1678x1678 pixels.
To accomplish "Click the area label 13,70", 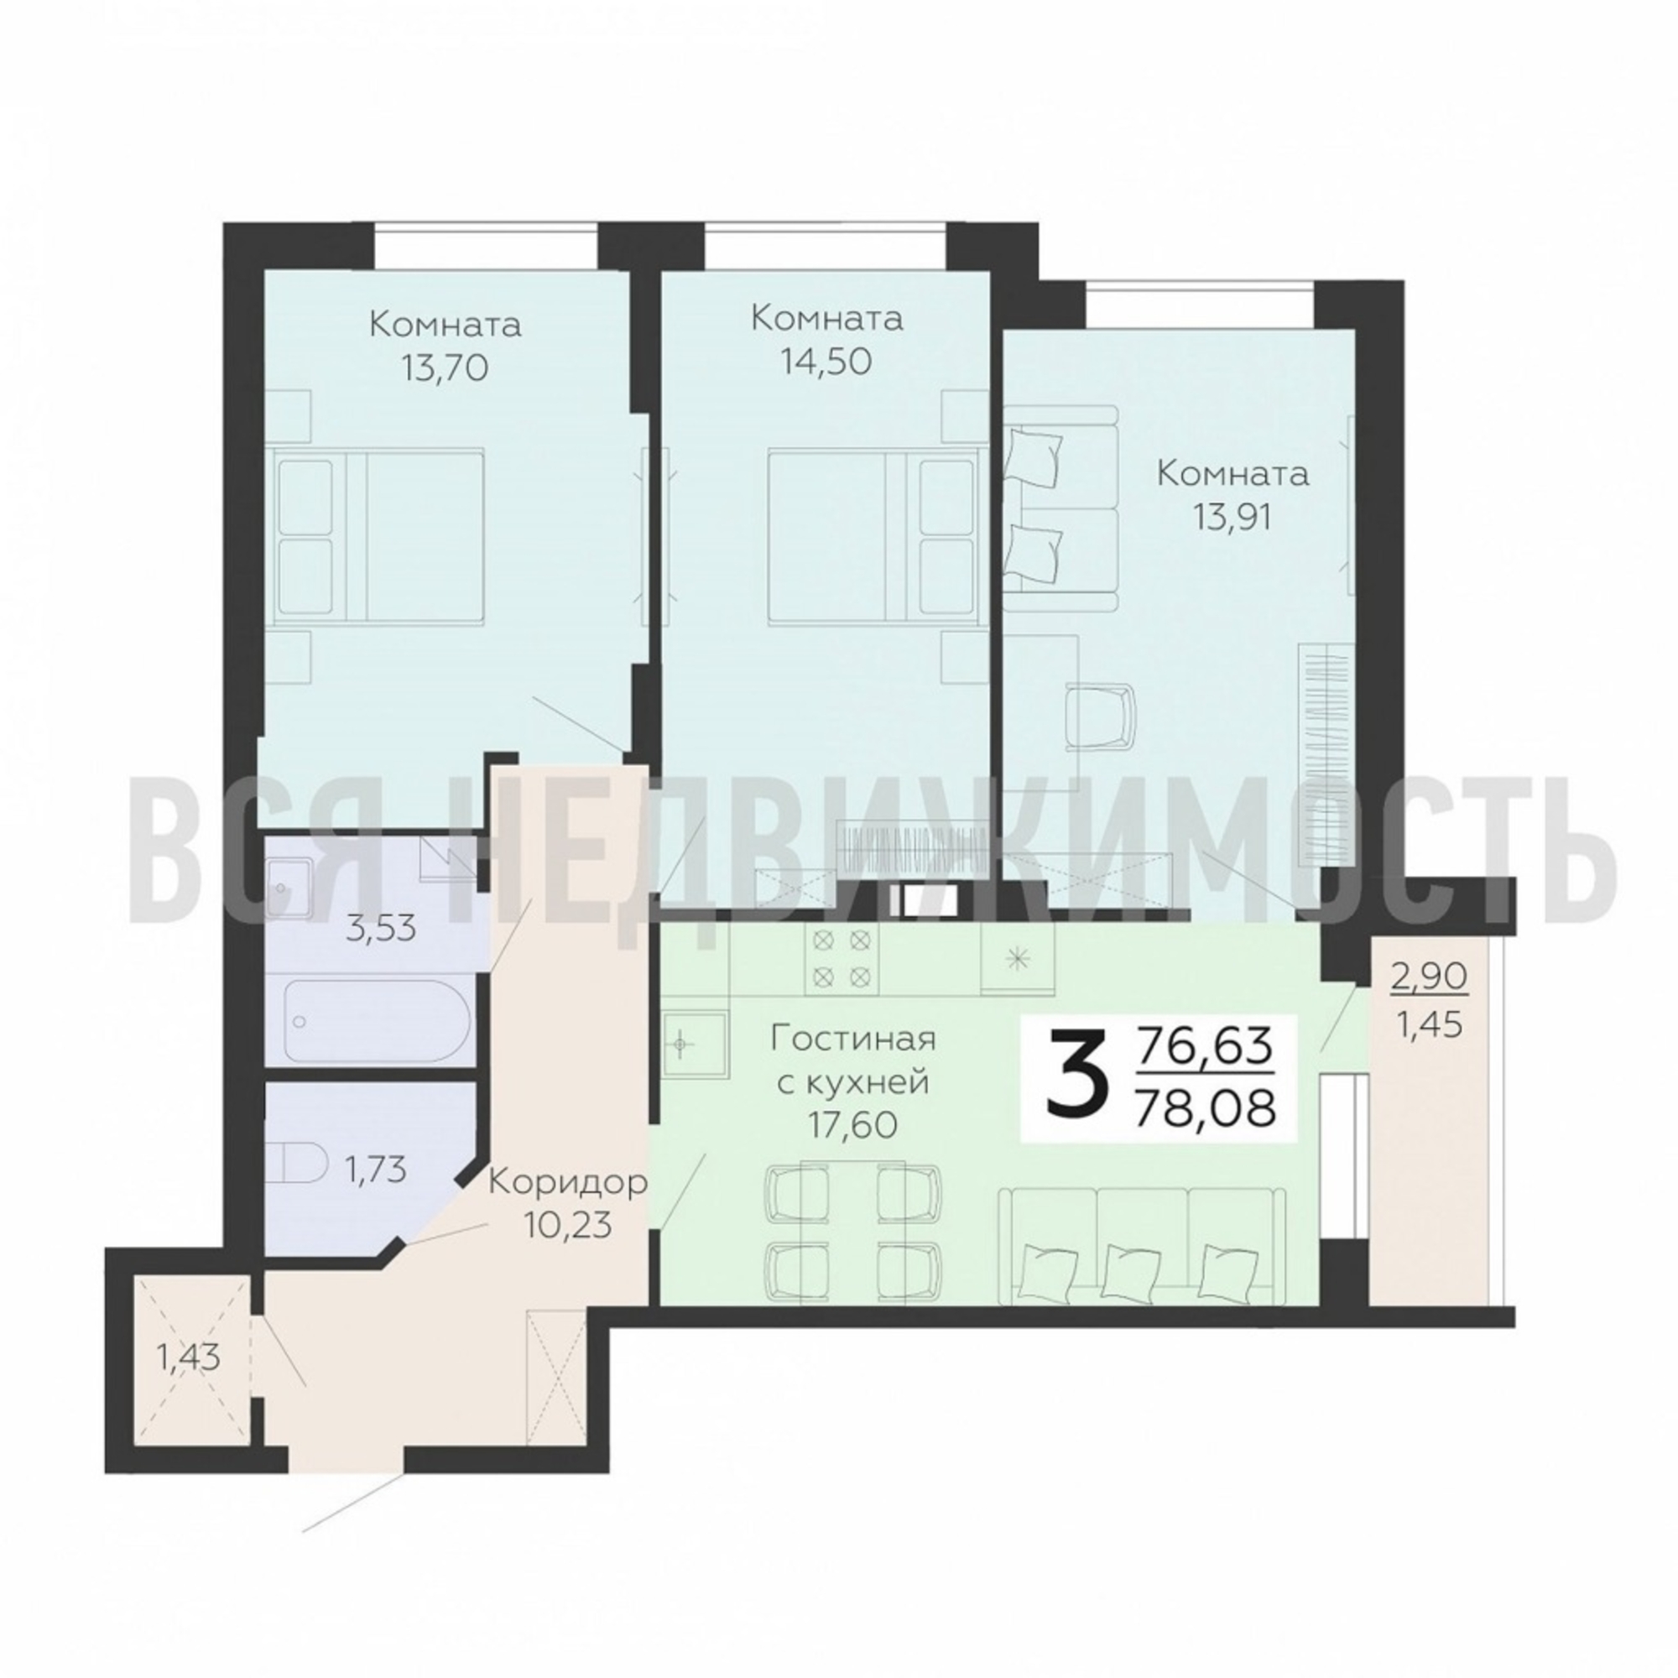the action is [x=445, y=369].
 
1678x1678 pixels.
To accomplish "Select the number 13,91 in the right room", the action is [x=1232, y=519].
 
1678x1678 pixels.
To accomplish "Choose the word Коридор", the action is [x=567, y=1184].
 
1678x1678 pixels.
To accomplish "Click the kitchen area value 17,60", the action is [x=851, y=1125].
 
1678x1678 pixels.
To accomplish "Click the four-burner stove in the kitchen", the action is [x=841, y=956].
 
